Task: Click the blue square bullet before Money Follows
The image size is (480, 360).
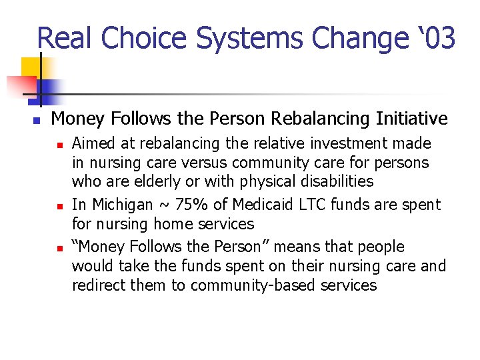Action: pos(37,121)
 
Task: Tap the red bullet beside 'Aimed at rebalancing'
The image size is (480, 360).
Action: pos(59,144)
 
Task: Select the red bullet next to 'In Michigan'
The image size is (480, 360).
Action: pos(59,205)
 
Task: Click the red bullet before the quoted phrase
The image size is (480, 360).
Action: pos(59,247)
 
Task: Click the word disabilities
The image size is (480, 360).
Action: pos(335,181)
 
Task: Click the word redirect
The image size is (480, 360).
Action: pos(98,286)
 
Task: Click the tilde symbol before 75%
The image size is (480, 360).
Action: pos(161,205)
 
